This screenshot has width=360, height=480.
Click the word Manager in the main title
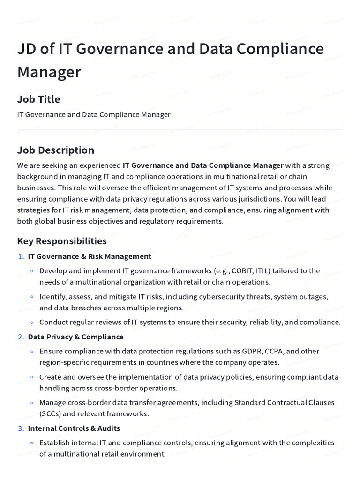49,72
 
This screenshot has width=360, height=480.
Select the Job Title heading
38,99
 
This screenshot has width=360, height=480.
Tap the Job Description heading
56,150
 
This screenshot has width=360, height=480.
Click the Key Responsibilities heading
62,241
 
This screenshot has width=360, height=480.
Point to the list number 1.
20,256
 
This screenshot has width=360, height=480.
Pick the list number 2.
20,337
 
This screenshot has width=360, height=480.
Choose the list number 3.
20,428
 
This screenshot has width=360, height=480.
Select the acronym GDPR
252,351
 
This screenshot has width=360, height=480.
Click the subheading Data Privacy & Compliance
75,337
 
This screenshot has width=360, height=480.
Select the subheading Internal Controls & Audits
74,428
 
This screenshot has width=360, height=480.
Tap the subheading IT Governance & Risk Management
90,256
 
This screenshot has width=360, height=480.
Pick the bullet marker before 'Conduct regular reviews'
31,322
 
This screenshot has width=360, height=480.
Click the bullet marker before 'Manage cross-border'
31,403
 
